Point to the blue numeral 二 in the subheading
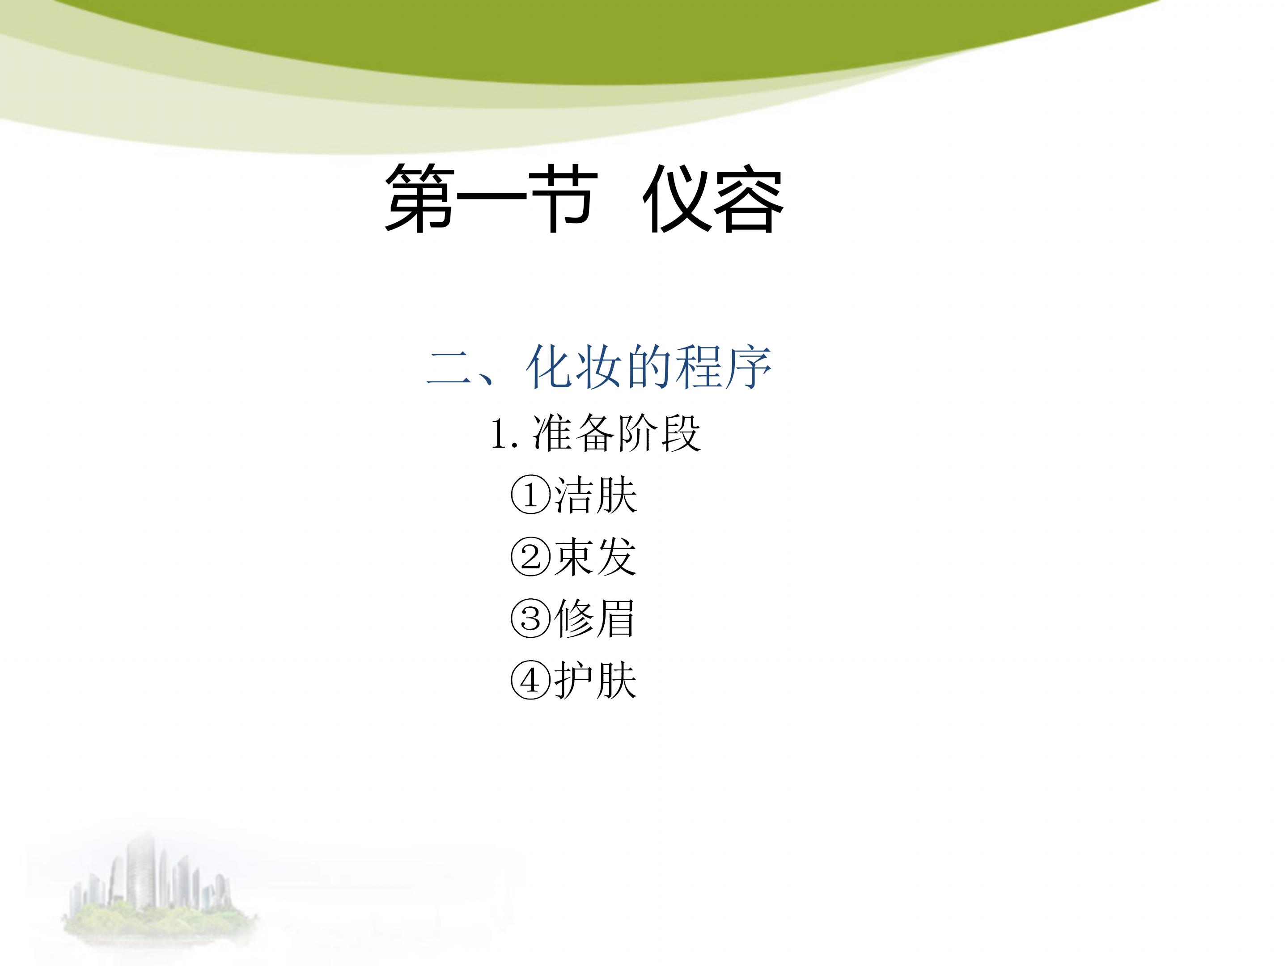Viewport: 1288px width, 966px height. tap(449, 369)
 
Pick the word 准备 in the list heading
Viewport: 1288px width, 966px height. tap(573, 434)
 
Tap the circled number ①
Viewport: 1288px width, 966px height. tap(530, 496)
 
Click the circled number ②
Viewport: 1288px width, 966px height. tap(530, 557)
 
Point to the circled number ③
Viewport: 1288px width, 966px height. tap(530, 619)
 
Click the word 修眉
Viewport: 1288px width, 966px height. tap(594, 619)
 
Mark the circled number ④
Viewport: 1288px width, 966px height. tap(530, 680)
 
